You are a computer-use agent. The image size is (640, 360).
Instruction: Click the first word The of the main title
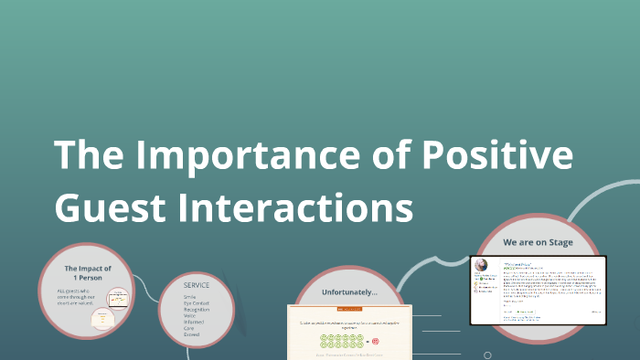[87, 155]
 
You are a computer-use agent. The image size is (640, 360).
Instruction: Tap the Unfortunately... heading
[348, 291]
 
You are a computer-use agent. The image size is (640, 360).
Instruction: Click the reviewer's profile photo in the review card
[478, 264]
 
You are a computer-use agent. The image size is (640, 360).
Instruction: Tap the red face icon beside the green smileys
[375, 341]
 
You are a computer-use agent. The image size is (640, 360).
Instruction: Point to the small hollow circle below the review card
[487, 355]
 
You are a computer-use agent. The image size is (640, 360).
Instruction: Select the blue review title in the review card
[517, 261]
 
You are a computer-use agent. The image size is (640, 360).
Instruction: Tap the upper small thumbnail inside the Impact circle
[117, 298]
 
